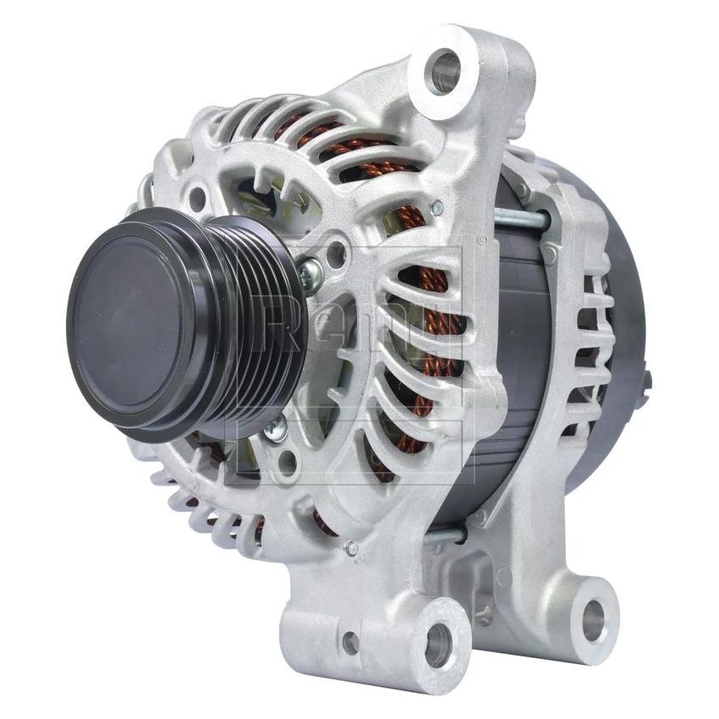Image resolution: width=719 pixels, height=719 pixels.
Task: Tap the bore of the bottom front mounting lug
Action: [437, 645]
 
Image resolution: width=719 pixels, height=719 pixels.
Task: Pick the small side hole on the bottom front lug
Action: [350, 644]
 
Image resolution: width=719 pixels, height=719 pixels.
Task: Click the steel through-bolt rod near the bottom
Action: [444, 535]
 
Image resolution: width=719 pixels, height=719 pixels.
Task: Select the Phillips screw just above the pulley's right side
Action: [310, 272]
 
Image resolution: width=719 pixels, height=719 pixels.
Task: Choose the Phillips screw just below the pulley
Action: [274, 431]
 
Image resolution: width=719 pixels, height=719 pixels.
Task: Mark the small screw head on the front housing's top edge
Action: [436, 207]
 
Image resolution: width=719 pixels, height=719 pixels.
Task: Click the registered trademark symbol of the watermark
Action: [481, 240]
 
